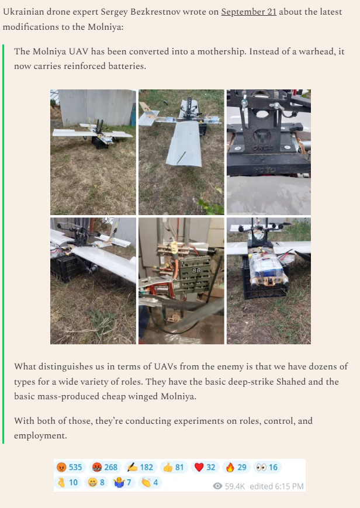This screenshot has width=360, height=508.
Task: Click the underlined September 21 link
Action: coord(248,12)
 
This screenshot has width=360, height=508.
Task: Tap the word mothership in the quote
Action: coord(221,51)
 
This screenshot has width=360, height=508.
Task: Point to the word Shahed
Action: coord(290,381)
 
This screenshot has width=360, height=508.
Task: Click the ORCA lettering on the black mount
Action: coord(262,148)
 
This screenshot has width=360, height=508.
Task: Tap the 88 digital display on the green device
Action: coord(196,270)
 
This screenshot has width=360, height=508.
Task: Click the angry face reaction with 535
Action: coord(70,467)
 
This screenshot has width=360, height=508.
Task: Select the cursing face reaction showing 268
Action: coord(105,467)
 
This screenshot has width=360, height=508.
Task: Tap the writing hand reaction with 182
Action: coord(140,467)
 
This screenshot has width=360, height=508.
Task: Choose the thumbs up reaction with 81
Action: coord(174,467)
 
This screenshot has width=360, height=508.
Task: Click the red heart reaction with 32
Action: coord(205,467)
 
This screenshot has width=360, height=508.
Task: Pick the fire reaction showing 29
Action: coord(236,467)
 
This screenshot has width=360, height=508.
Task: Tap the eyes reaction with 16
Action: coord(267,467)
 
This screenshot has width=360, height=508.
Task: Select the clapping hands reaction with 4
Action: coord(150,482)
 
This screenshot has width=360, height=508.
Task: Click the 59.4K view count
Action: coord(229,486)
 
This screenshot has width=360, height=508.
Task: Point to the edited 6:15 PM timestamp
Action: coord(276,486)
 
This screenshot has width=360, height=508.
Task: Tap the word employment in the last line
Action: coord(40,436)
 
